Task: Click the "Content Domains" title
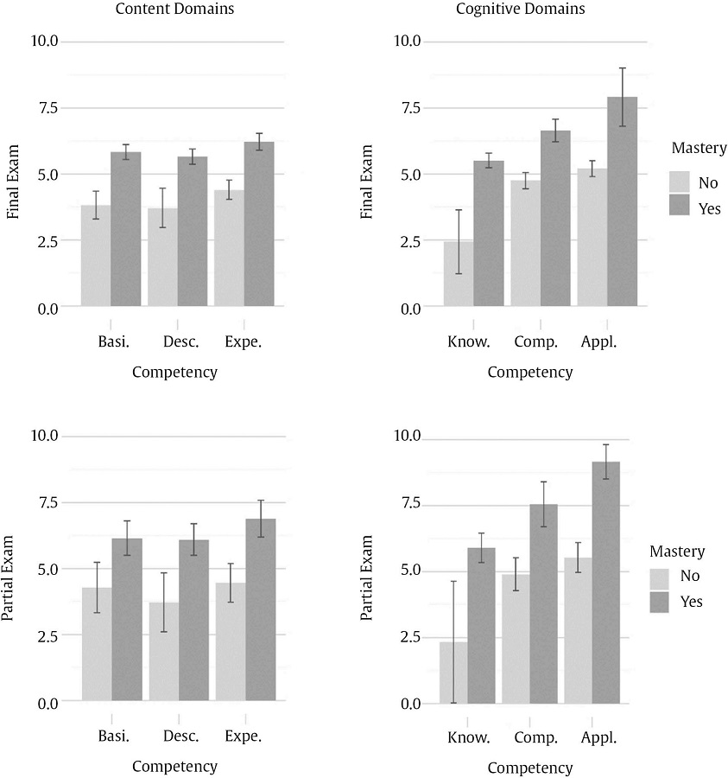click(x=174, y=10)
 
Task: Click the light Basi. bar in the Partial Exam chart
click(x=97, y=644)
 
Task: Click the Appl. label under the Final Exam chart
click(x=598, y=342)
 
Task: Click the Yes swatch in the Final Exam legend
click(x=679, y=207)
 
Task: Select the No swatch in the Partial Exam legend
click(x=661, y=577)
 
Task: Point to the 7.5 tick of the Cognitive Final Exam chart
click(x=407, y=108)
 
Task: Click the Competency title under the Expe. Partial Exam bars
click(x=174, y=766)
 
